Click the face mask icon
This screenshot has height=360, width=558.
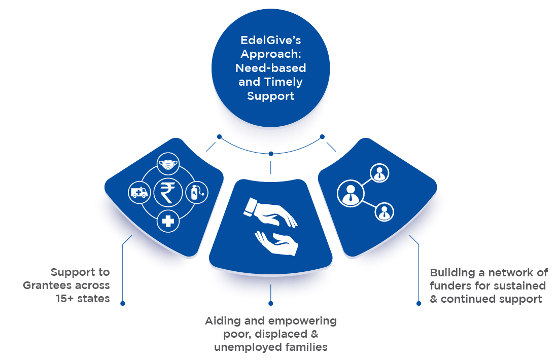(x=168, y=164)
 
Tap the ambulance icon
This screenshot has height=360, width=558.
(x=139, y=193)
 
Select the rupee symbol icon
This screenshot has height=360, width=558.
(x=168, y=193)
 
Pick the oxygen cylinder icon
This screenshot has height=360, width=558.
(x=197, y=193)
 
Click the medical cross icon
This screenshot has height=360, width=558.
(x=168, y=221)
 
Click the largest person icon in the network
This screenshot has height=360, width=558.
(x=351, y=194)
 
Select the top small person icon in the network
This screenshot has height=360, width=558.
(x=379, y=173)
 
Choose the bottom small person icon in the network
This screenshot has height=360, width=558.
(x=385, y=212)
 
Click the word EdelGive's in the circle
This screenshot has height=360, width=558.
(x=270, y=40)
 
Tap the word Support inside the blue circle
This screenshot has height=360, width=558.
(x=270, y=96)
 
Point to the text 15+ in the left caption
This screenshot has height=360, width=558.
(x=64, y=299)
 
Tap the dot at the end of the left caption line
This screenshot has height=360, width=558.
(x=122, y=303)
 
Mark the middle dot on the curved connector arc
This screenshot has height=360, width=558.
(x=271, y=154)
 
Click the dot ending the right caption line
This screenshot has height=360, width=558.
(x=419, y=303)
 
